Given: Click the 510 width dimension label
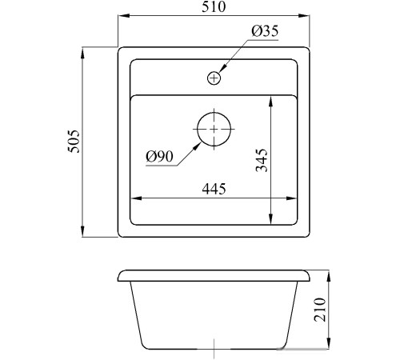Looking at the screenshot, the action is click(x=214, y=7).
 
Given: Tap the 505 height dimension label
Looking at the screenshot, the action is click(x=74, y=142).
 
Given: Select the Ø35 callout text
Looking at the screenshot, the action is click(x=265, y=31).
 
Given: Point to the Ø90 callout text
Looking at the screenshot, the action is click(x=159, y=156).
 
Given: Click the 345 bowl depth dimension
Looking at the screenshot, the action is click(x=262, y=160).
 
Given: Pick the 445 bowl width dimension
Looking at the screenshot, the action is click(x=214, y=189).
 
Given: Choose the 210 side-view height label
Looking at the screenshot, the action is click(x=320, y=310).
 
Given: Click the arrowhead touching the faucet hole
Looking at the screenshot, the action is click(x=223, y=69).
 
